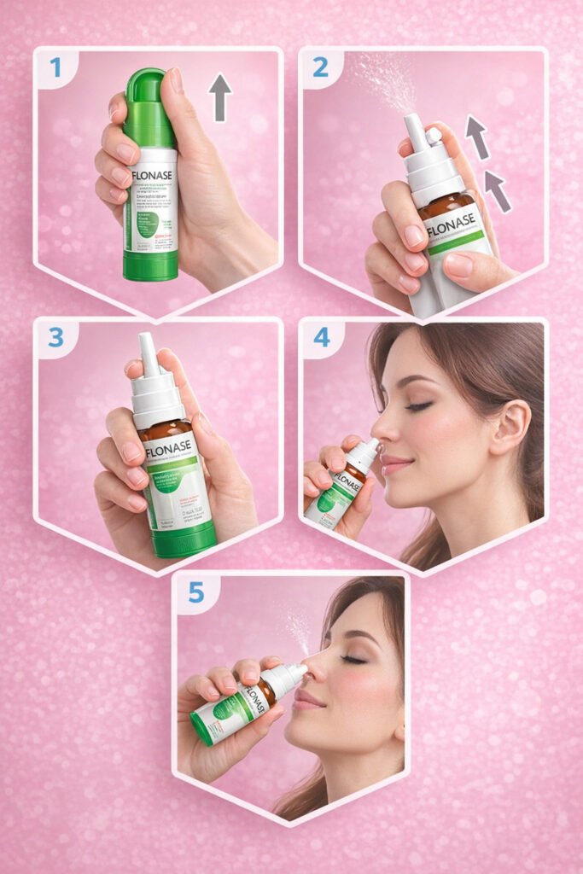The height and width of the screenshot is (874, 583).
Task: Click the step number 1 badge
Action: pos(55,67)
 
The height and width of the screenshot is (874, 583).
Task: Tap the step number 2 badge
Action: pos(321,67)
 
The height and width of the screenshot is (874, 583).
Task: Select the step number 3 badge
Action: pos(55,338)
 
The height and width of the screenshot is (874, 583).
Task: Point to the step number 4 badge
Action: pos(321,338)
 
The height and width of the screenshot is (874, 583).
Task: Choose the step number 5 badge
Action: pos(195,591)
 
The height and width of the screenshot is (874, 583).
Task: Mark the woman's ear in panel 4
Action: pos(510,426)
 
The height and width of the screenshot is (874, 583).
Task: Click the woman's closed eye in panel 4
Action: pos(418,406)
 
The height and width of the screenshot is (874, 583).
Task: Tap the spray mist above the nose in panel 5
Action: pos(299,627)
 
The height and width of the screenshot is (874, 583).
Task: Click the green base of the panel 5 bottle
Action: pos(201,728)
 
